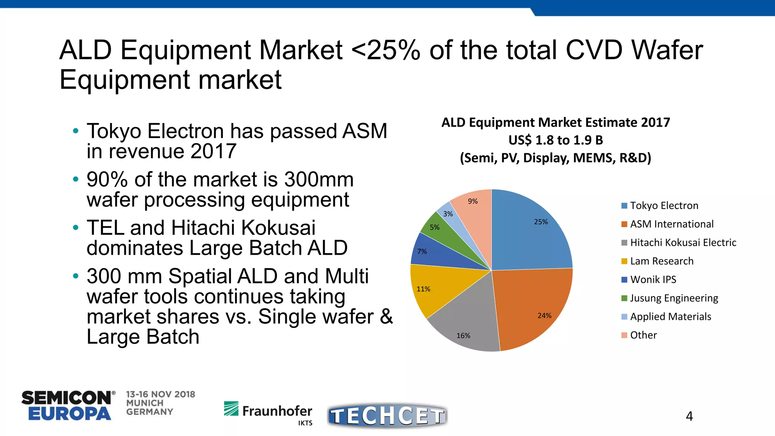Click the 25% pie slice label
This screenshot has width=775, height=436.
(x=541, y=222)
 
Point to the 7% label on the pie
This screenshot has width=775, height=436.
(x=422, y=251)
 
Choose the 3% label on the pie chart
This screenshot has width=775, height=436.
(x=448, y=214)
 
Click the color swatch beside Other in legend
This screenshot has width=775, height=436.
(x=624, y=335)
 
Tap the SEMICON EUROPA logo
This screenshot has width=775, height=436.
(x=67, y=406)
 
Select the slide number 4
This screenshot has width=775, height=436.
(x=689, y=416)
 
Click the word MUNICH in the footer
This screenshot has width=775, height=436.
(x=145, y=403)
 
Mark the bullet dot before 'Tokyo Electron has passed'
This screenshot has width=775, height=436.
(x=76, y=131)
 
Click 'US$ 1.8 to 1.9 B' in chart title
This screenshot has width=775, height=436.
(x=556, y=140)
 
